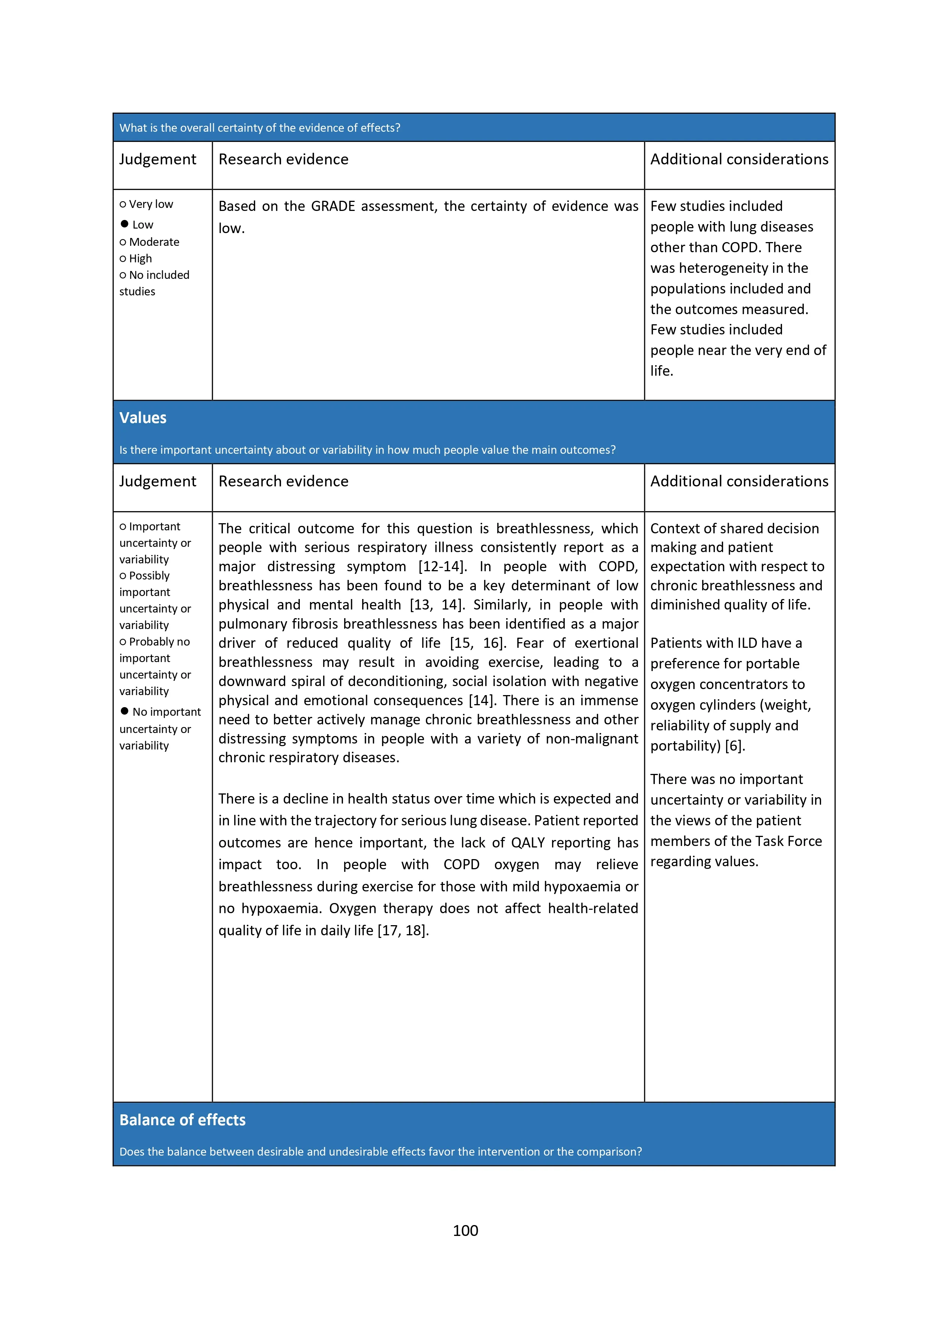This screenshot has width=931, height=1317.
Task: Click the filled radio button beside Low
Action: [125, 224]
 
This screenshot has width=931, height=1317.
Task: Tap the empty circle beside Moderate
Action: [123, 242]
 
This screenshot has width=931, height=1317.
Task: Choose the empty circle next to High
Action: [123, 259]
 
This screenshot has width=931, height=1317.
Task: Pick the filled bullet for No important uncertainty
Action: [125, 711]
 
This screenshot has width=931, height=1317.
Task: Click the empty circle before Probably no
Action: [123, 642]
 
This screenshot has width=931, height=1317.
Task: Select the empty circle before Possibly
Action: [123, 576]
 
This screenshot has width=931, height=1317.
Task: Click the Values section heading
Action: [143, 418]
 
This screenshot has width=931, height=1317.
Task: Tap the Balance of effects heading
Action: [182, 1120]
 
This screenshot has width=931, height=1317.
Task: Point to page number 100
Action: [465, 1230]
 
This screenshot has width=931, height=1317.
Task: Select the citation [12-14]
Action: [442, 567]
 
